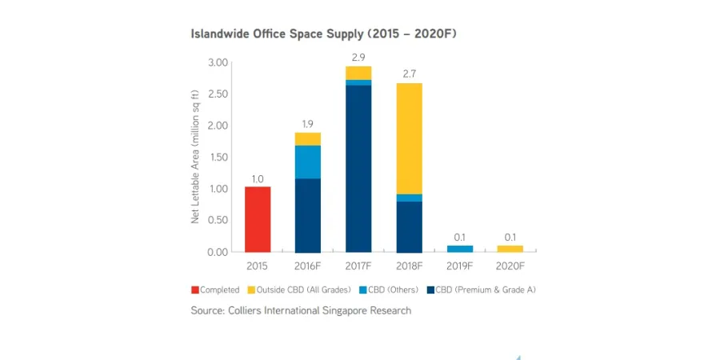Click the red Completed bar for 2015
[x=257, y=219]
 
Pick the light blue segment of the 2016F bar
[x=307, y=162]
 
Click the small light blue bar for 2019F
[x=460, y=249]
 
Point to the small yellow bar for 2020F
[x=510, y=249]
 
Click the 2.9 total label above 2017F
[x=358, y=58]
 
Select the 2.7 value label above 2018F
[x=409, y=74]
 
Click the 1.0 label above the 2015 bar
[x=257, y=178]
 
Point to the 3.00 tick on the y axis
[x=218, y=62]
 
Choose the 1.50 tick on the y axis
[x=218, y=157]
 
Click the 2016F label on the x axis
[x=307, y=266]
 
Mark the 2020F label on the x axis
[x=510, y=266]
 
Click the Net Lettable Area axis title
[x=195, y=157]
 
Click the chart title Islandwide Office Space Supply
[x=323, y=34]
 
